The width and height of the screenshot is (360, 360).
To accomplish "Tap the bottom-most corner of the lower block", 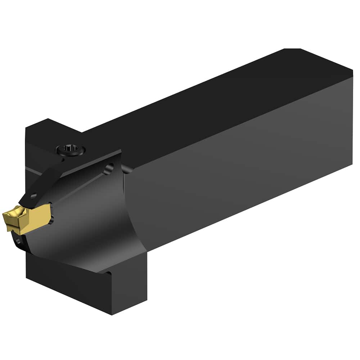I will tap(112, 314).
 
